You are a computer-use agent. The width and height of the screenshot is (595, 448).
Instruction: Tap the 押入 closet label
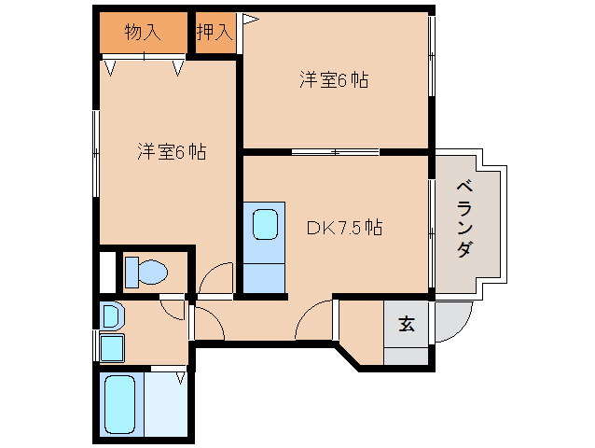(x=214, y=33)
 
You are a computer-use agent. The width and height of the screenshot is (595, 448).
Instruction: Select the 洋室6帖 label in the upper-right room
(x=333, y=80)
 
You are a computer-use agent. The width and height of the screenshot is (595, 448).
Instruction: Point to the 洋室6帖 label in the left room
(x=172, y=151)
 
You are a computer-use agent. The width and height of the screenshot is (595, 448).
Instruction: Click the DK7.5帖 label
(x=344, y=226)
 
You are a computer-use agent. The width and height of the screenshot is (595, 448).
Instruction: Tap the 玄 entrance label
(x=407, y=324)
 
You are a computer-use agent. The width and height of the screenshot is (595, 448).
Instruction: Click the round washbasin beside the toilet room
(x=110, y=316)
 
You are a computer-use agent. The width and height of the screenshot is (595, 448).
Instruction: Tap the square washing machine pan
(x=112, y=348)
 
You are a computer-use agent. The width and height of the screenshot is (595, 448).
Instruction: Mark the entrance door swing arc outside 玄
(x=445, y=322)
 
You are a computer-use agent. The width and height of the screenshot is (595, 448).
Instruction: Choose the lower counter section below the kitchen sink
(x=266, y=277)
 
